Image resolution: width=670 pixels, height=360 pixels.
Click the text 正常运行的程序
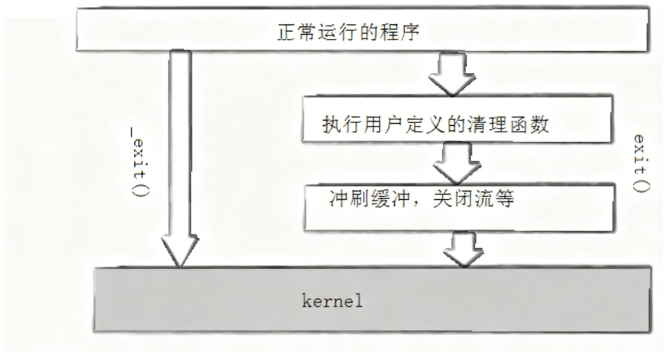click(x=348, y=32)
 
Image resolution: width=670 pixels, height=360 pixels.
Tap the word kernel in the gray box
click(x=332, y=301)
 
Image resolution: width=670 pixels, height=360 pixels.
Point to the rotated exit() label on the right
click(x=641, y=162)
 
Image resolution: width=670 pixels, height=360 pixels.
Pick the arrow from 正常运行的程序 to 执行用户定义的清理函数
click(x=452, y=75)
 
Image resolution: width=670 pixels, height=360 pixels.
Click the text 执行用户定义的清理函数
click(x=435, y=125)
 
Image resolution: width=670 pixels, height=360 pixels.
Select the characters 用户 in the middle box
click(x=377, y=125)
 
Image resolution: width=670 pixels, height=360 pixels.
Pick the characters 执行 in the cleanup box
click(x=339, y=125)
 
